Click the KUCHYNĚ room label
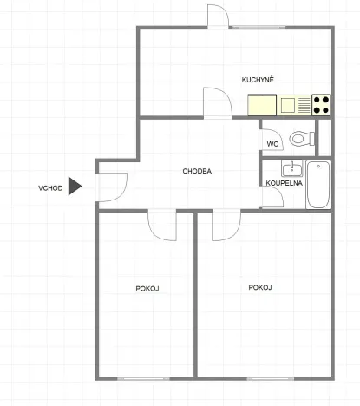coord(259,80)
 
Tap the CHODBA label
coord(197,171)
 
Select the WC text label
coord(272,144)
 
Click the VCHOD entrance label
coord(49,187)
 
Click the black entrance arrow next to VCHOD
coord(75,186)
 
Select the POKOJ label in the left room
coord(147,288)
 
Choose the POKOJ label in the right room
coord(260,287)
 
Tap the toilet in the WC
coord(300,138)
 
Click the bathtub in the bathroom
coord(318,184)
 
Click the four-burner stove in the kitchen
coord(321,105)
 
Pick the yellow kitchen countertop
coord(262,105)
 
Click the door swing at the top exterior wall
coord(218,16)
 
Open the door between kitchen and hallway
coord(215,102)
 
